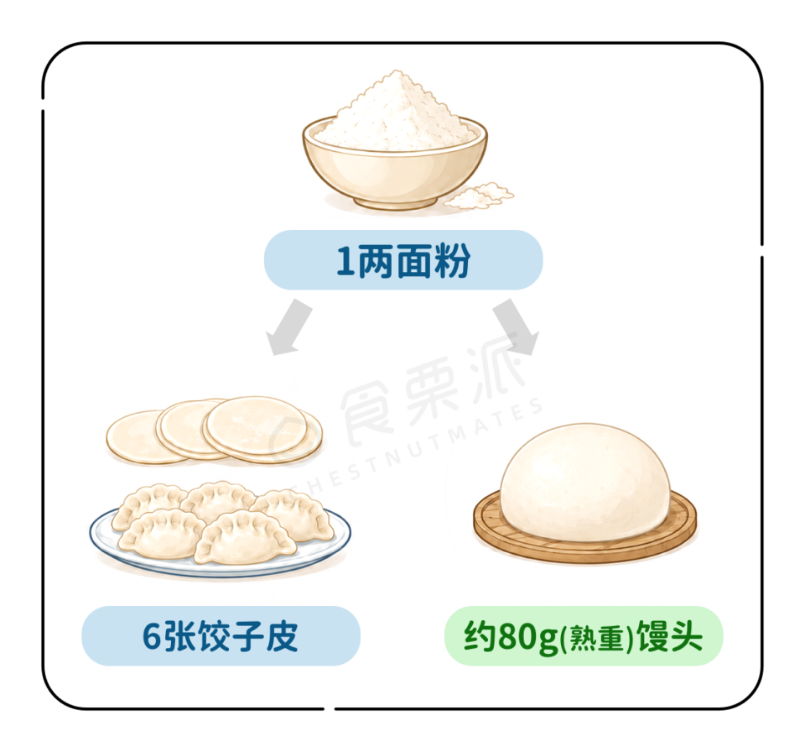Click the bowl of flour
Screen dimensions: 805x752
[394, 154]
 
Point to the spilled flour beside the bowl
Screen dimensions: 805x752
[479, 196]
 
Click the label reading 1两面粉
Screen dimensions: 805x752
[403, 260]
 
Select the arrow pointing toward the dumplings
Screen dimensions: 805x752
[288, 328]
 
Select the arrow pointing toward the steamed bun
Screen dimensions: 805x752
[516, 328]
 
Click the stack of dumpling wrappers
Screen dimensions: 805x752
[214, 431]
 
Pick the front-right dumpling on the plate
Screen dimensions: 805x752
[246, 537]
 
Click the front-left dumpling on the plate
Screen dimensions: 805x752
[161, 534]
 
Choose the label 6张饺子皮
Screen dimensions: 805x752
[221, 636]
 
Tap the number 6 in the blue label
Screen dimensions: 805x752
[152, 637]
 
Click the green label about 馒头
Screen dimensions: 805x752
[584, 636]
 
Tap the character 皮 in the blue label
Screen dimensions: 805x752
[283, 636]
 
